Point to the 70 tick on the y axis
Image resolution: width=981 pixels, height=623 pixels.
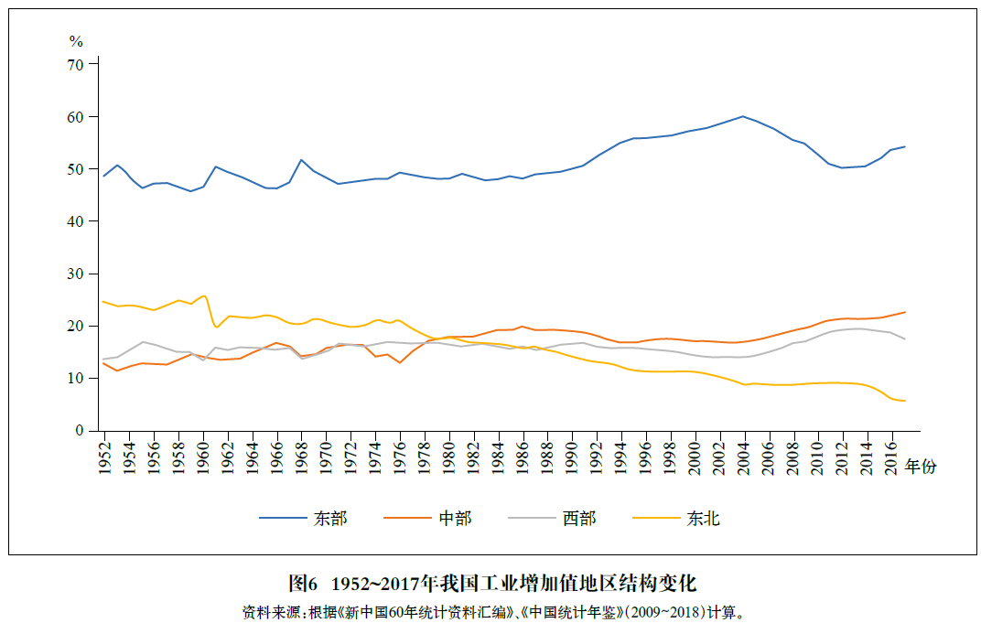75,65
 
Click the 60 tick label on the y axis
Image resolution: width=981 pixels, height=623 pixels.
75,117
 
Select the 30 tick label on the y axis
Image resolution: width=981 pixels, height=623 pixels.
75,274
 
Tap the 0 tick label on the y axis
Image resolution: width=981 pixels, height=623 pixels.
79,430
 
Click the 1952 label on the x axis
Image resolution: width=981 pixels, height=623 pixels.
104,456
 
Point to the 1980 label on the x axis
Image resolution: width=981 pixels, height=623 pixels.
449,456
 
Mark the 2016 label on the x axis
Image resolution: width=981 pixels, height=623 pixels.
891,456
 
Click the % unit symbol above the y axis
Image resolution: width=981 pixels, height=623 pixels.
76,41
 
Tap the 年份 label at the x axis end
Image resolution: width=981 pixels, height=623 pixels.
922,467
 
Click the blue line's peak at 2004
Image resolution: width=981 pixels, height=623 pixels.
742,116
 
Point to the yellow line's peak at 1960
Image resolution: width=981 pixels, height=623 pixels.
203,295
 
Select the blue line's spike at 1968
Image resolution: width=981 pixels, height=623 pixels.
301,160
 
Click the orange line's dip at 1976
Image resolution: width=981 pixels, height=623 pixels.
400,363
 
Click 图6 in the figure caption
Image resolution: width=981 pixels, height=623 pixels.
302,584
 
